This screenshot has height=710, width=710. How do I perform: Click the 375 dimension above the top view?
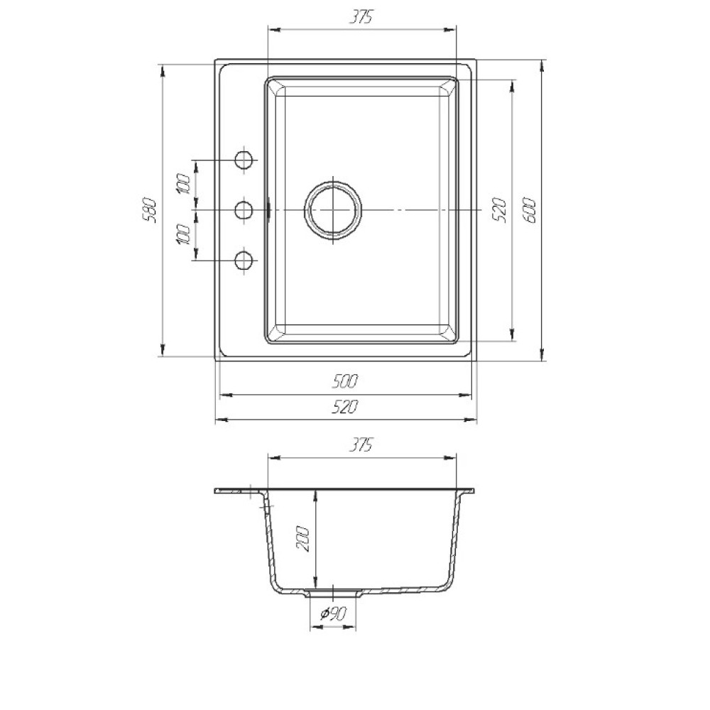(x=361, y=17)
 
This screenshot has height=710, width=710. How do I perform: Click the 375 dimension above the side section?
(x=361, y=445)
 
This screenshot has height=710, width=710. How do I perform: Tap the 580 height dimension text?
(x=149, y=210)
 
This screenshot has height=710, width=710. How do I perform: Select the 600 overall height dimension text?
(x=530, y=210)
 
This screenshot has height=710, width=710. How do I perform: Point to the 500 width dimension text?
(x=344, y=381)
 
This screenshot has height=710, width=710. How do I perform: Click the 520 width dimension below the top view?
(x=344, y=407)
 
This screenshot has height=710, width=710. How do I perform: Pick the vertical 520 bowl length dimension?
(x=498, y=209)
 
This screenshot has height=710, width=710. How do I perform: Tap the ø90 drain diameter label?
(x=333, y=613)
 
